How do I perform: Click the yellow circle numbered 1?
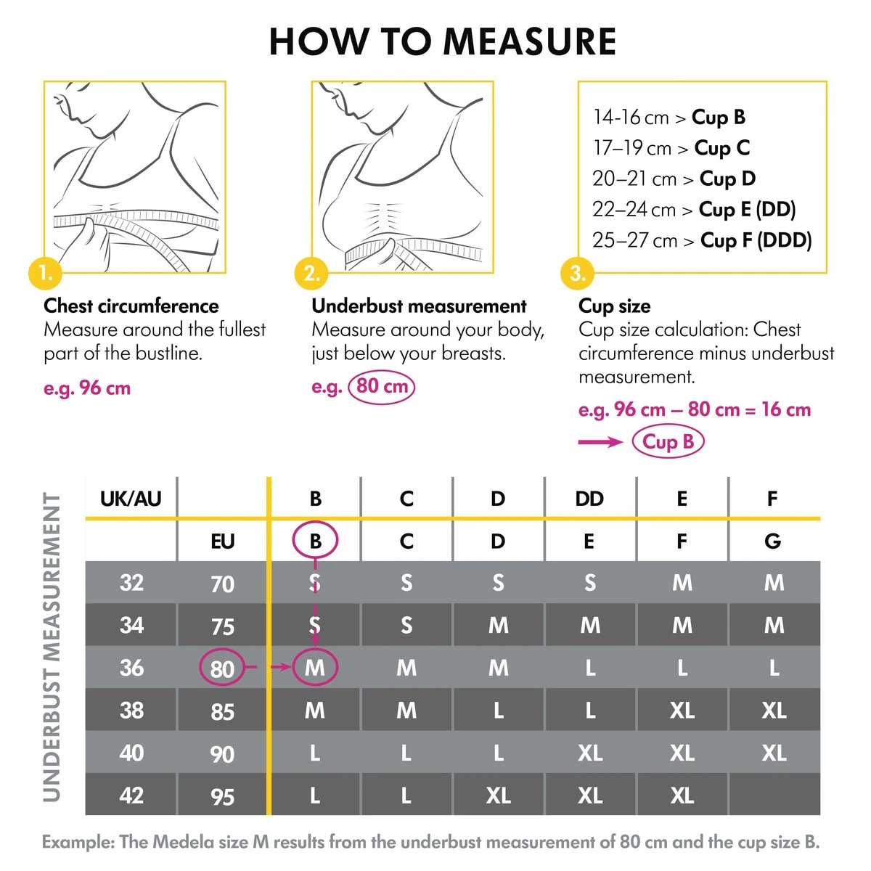click(45, 274)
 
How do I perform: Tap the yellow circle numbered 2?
click(311, 274)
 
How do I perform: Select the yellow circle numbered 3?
click(577, 274)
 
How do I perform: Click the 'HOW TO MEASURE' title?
click(443, 41)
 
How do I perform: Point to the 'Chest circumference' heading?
click(131, 306)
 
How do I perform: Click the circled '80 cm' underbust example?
click(382, 386)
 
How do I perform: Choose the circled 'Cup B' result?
click(668, 441)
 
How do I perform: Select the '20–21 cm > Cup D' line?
click(674, 179)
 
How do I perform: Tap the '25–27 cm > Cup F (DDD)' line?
click(701, 240)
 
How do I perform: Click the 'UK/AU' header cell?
click(131, 499)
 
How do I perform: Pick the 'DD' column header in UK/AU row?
click(589, 499)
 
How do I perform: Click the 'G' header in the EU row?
click(773, 541)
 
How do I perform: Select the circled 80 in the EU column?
click(222, 668)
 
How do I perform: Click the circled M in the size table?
click(315, 668)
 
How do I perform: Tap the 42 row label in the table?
click(131, 795)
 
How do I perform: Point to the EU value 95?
click(222, 796)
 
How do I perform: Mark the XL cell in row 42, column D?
click(498, 795)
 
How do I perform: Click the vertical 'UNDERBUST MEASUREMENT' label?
click(52, 646)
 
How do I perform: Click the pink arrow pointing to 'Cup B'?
click(600, 442)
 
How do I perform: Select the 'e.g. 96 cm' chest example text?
click(87, 388)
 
